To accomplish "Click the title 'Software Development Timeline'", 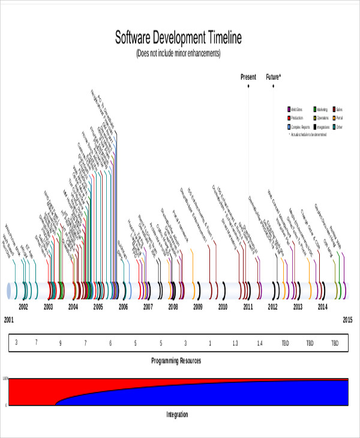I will pos(178,38).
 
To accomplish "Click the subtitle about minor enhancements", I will pos(178,53).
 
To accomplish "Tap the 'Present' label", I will pos(248,77).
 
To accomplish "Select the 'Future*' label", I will pos(274,77).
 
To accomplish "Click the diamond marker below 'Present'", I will pos(248,86).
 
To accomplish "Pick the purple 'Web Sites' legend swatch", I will pos(289,109).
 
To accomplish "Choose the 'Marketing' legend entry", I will pos(322,109).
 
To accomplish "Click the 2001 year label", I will pos(8,320).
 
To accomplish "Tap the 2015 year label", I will pos(347,320).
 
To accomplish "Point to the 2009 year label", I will pos(198,307).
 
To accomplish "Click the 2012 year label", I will pos(273,307).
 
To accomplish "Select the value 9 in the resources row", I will pos(60,343).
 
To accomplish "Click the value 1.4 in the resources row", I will pos(260,343).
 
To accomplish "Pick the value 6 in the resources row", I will pos(110,343).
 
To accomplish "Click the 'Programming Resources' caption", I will pos(175,361).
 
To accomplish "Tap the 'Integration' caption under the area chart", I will pos(176,414).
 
